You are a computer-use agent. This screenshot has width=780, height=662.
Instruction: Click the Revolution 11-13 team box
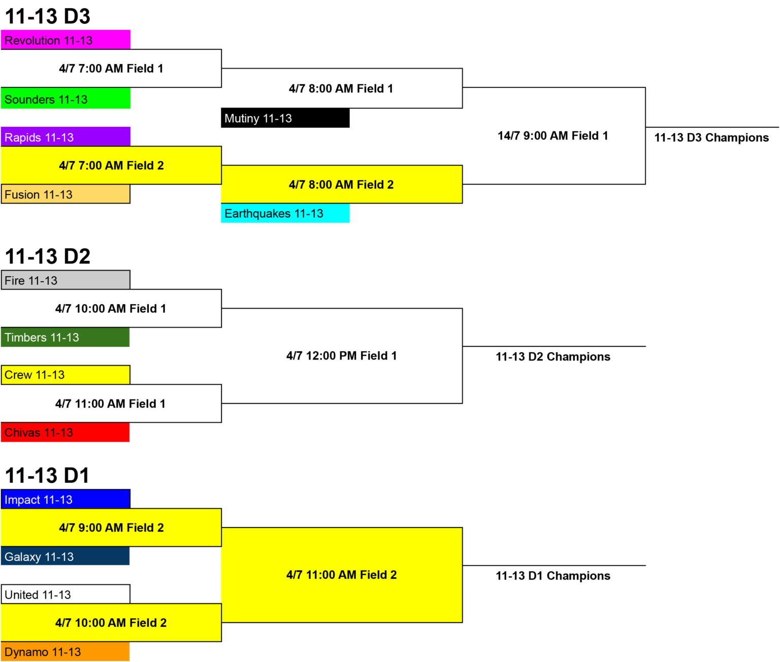coord(66,40)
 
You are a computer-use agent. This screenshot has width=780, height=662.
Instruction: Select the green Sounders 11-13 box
coord(66,98)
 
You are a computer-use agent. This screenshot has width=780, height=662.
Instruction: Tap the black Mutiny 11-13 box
coord(285,118)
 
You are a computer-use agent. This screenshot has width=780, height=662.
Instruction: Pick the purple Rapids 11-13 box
coord(66,137)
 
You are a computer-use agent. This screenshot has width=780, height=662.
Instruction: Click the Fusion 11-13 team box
coord(66,194)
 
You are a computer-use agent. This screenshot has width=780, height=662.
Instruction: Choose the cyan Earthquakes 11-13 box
coord(285,213)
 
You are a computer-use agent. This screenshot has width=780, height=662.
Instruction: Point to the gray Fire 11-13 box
coord(66,280)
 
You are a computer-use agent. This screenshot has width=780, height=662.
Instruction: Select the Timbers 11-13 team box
coord(66,337)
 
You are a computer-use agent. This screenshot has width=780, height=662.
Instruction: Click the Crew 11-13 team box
coord(66,375)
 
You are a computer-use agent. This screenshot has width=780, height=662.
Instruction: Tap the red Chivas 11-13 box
coord(66,433)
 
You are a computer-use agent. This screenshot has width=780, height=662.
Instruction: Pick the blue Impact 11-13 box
coord(66,499)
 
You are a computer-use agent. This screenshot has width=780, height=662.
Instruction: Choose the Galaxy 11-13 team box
coord(66,556)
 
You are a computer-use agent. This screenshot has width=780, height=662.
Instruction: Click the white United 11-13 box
coord(66,594)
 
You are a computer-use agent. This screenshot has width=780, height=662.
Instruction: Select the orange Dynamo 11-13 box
coord(66,651)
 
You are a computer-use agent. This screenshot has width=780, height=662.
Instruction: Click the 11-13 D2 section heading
coord(48,256)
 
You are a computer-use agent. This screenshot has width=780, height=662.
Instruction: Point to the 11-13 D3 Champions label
coord(711,138)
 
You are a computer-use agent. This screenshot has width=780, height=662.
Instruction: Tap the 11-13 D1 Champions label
coord(553,576)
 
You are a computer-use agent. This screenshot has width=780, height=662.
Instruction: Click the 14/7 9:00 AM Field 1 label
coord(553,136)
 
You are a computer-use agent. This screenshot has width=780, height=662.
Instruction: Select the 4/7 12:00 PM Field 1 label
coord(342,356)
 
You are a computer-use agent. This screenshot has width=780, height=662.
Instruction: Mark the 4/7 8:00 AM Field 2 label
coord(342,184)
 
